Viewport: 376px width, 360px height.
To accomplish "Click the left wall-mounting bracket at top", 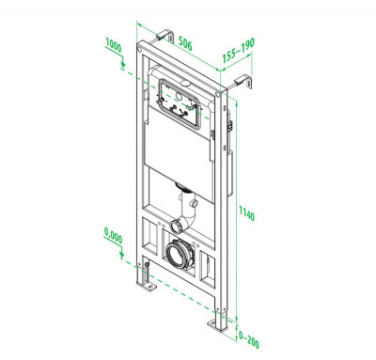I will (x=164, y=36).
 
